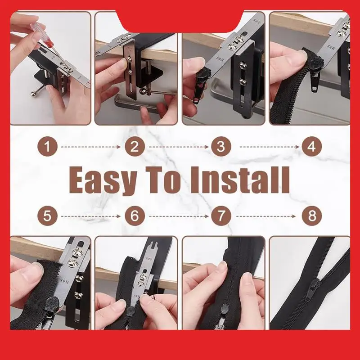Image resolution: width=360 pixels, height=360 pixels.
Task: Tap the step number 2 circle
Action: pyautogui.click(x=134, y=147)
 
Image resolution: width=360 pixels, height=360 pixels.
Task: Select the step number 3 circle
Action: pyautogui.click(x=221, y=147)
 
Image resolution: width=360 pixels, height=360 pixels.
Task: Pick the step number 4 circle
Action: pyautogui.click(x=312, y=147)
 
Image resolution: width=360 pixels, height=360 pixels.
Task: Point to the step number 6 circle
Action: pyautogui.click(x=134, y=216)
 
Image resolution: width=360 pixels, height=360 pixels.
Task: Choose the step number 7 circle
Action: pyautogui.click(x=221, y=216)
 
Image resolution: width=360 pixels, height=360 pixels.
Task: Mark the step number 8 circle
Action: pyautogui.click(x=312, y=216)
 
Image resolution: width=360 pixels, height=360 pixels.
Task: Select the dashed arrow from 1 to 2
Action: pyautogui.click(x=90, y=147)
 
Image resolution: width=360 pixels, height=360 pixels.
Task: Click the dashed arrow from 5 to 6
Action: pyautogui.click(x=90, y=216)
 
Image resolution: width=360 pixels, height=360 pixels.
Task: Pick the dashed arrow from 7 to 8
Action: pyautogui.click(x=266, y=216)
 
